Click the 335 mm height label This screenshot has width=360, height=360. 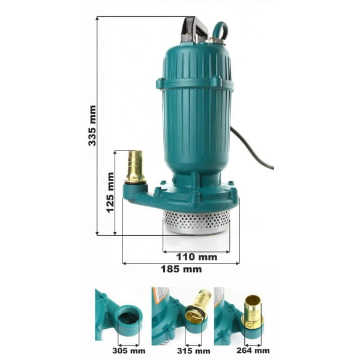92,125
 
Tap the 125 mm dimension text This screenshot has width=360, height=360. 110,193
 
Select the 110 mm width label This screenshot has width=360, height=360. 197,257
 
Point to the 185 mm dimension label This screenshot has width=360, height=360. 181,269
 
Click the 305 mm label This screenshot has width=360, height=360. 129,351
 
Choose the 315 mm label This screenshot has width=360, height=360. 194,351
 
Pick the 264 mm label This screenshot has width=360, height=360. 253,350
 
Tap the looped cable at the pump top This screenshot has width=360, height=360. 220,30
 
